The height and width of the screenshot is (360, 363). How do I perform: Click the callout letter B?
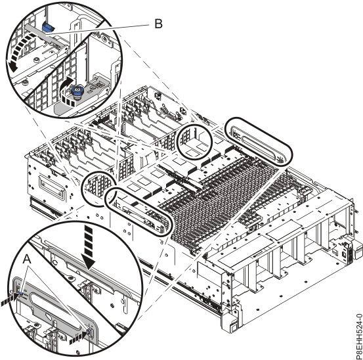(158, 24)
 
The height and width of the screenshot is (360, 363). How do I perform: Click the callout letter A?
(27, 259)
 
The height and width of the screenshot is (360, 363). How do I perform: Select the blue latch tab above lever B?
(48, 27)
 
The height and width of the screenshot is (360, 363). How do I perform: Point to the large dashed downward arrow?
(88, 246)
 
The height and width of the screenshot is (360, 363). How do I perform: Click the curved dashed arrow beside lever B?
(22, 49)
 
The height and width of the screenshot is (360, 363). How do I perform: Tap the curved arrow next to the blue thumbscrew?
(67, 93)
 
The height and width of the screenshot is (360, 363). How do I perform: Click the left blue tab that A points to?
(21, 294)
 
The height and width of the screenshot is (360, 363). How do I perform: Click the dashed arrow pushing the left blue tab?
(10, 298)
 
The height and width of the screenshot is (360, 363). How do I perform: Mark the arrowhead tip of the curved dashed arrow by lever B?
(13, 70)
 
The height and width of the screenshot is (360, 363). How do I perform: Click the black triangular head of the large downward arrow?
(89, 264)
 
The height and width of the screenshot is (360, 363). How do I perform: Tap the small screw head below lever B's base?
(37, 60)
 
